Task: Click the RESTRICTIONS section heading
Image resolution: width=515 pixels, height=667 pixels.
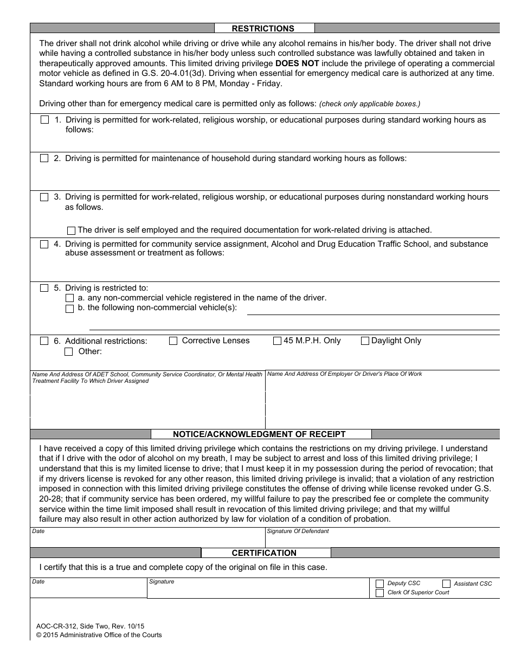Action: click(x=263, y=29)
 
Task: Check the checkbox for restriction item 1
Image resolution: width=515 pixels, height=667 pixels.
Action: click(x=44, y=120)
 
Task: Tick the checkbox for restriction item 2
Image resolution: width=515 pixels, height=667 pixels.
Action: click(x=44, y=158)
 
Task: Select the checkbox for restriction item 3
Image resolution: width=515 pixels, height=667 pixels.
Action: click(x=44, y=197)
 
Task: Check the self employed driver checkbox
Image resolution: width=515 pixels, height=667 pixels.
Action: click(x=71, y=230)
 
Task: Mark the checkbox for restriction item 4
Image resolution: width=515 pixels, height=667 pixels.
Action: click(x=44, y=245)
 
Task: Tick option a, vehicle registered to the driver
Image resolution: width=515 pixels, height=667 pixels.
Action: click(x=69, y=298)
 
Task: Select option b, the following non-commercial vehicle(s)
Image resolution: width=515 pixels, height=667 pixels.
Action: click(x=69, y=309)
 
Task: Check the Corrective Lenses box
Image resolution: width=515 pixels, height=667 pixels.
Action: click(x=173, y=341)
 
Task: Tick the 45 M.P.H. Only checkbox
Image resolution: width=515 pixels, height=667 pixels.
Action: click(x=277, y=341)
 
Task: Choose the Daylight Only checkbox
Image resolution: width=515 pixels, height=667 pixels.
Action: click(x=365, y=341)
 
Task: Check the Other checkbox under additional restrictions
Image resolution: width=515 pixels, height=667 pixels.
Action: click(x=69, y=351)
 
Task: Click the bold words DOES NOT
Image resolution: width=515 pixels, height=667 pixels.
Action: click(x=297, y=63)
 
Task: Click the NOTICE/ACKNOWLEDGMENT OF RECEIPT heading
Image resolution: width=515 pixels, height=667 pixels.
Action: click(x=259, y=434)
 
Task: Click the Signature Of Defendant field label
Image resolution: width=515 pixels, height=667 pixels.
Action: click(x=298, y=531)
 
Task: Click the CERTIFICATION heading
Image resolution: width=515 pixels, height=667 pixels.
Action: click(x=264, y=553)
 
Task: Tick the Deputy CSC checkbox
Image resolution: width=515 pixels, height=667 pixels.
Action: click(x=379, y=584)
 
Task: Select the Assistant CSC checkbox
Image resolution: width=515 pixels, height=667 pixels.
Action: click(x=446, y=584)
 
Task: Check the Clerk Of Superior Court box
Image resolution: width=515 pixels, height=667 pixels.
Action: click(x=379, y=593)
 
